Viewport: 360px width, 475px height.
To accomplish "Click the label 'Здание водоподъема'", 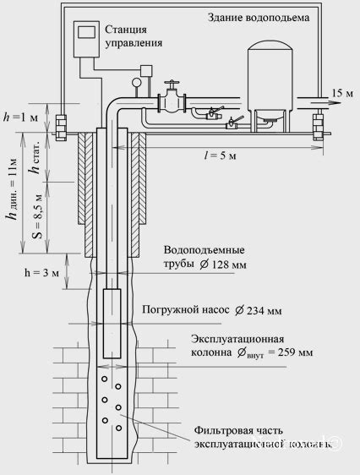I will tap(286, 17).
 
